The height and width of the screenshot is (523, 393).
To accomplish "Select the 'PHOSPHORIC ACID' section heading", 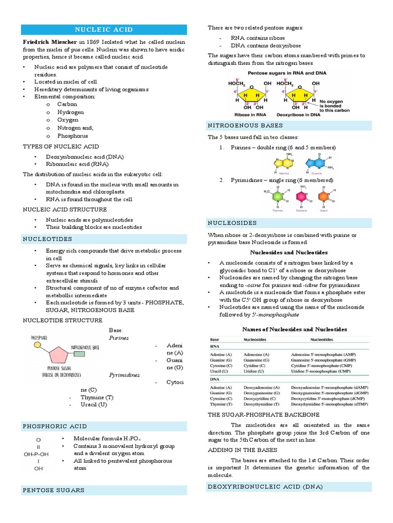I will click(55, 426).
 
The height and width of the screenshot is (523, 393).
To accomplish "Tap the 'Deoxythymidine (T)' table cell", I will click(262, 404).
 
